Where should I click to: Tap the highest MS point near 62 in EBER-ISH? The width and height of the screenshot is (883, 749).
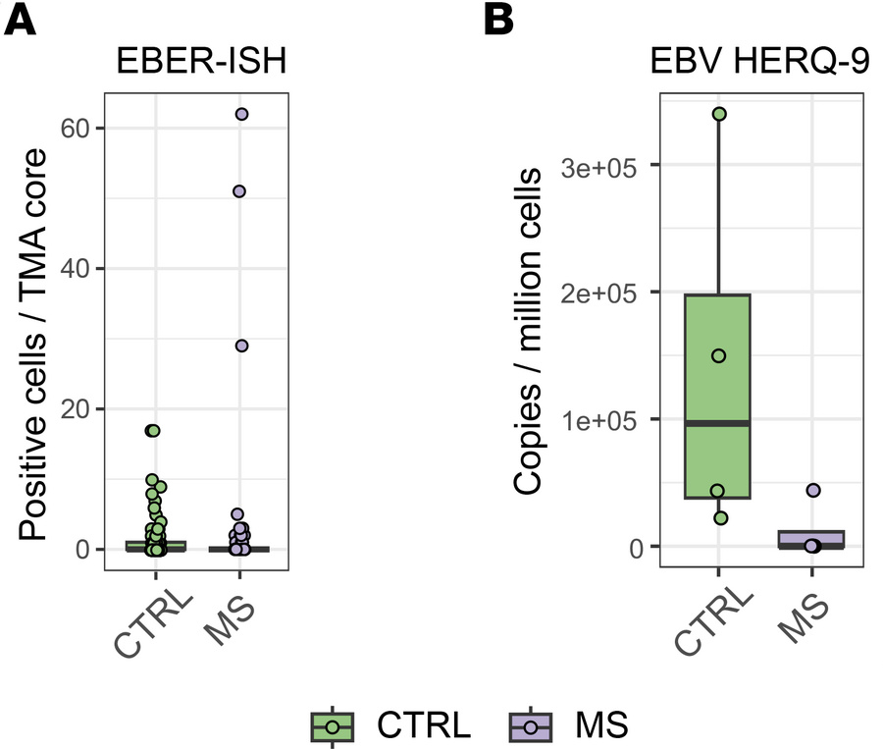click(x=241, y=114)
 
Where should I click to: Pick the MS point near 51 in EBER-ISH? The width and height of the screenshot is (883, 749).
click(x=239, y=191)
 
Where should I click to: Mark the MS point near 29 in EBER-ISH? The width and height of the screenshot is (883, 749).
click(x=241, y=346)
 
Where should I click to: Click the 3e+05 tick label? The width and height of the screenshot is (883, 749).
click(x=605, y=166)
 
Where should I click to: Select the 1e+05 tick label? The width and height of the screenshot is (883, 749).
click(x=605, y=420)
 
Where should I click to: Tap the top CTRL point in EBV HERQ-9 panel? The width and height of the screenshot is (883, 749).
click(x=719, y=115)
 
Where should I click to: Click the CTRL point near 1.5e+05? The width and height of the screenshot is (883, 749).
click(x=719, y=355)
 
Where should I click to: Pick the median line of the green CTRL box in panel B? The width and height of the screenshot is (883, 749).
click(x=719, y=423)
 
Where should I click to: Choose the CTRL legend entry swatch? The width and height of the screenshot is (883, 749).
click(x=333, y=725)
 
